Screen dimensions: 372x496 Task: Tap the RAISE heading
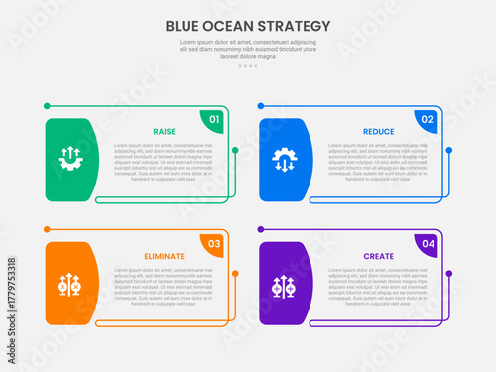[165, 131]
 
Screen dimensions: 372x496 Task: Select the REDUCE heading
[378, 131]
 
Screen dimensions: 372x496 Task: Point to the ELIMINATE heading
[165, 256]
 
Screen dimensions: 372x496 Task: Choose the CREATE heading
[378, 256]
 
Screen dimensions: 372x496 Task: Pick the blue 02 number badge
[427, 120]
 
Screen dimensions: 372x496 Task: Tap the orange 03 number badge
[213, 244]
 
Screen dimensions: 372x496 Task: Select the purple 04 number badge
[427, 244]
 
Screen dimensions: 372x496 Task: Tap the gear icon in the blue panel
[284, 159]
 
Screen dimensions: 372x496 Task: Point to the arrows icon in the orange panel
[70, 284]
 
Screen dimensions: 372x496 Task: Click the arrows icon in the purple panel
[284, 284]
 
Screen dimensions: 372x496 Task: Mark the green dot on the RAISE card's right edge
[235, 151]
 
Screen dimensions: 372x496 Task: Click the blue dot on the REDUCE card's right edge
[449, 151]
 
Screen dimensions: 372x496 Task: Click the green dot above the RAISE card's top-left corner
[47, 104]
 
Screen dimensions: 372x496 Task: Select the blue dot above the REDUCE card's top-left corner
[260, 104]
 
